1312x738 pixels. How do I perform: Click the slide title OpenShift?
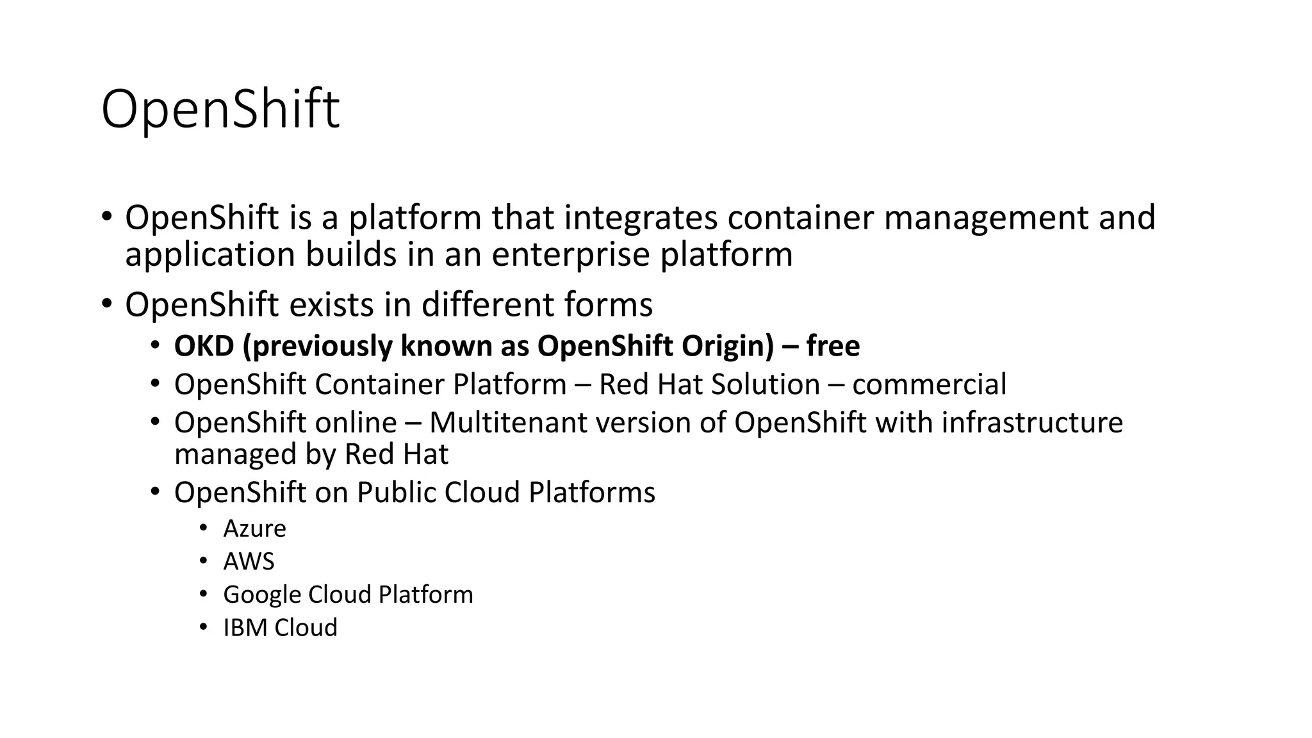point(220,110)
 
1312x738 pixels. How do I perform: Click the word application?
point(209,254)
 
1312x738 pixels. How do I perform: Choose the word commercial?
point(929,384)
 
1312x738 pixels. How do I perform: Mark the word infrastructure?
point(1032,423)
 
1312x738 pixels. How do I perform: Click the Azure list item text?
point(254,529)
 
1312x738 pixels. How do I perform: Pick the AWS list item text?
point(249,562)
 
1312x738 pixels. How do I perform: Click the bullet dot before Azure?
point(203,528)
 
